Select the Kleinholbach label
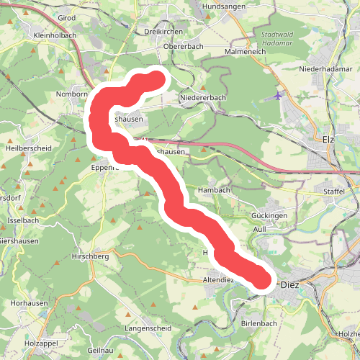coord(55,35)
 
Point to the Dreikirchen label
coord(163,32)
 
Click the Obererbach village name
coord(184,46)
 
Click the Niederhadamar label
coord(328,71)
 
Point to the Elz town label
coord(329,139)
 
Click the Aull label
coord(260,228)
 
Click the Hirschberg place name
coord(90,256)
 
